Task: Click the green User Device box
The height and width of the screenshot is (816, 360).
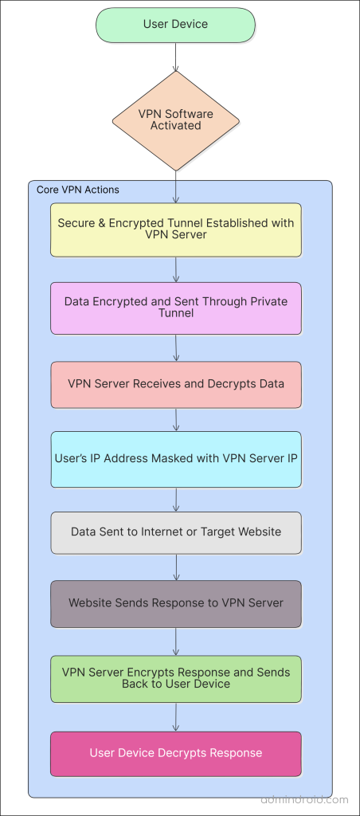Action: coord(175,25)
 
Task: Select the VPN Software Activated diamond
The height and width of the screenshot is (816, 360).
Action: coord(175,120)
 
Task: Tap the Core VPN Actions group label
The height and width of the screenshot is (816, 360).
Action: coord(78,190)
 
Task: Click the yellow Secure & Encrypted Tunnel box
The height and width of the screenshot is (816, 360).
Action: coord(175,229)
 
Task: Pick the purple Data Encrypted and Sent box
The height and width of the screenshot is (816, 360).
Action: coord(175,308)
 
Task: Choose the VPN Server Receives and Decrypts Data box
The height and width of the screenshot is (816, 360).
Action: coord(175,384)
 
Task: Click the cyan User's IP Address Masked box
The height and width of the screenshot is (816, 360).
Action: coord(175,458)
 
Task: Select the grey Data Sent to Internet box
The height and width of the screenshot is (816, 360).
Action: coord(175,532)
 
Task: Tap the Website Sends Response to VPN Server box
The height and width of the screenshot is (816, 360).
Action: coord(175,603)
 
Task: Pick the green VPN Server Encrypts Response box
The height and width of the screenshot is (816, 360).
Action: coord(175,678)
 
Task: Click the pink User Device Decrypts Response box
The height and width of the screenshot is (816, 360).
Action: coord(175,753)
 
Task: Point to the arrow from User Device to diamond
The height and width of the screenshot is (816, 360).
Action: coord(175,57)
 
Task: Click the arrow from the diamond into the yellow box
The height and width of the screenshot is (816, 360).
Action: coord(175,187)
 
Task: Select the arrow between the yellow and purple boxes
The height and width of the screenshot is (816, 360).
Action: coord(175,269)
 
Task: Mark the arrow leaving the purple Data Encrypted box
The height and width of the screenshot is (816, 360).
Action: coord(175,347)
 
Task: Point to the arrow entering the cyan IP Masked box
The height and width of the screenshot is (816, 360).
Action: coord(175,419)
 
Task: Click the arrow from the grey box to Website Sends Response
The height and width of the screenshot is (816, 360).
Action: coord(175,567)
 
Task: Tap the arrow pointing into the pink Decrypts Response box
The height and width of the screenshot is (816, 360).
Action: coord(175,717)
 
